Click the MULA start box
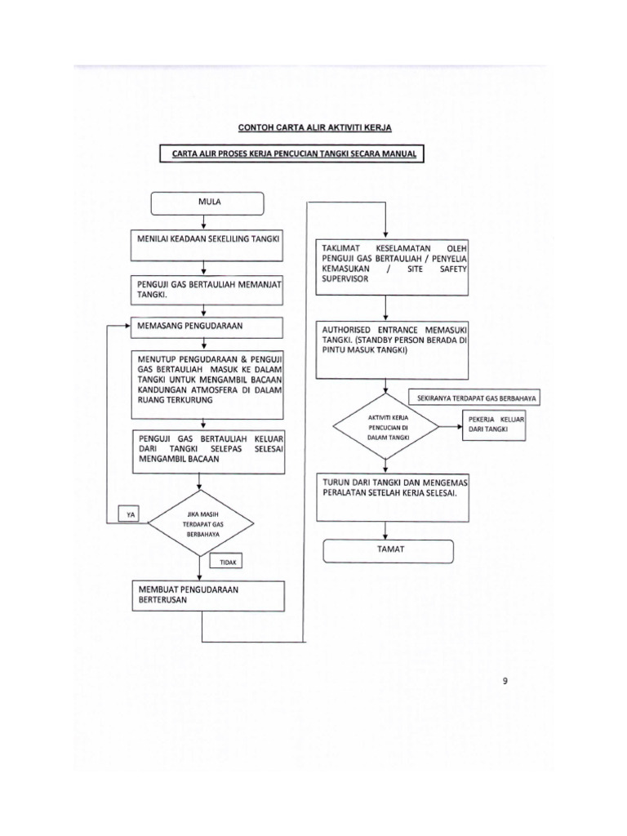tap(207, 202)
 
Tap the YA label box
tap(129, 514)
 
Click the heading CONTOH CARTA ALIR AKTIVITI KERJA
tap(313, 128)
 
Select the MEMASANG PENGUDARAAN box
tap(202, 327)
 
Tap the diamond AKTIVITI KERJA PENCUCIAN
tap(388, 428)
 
